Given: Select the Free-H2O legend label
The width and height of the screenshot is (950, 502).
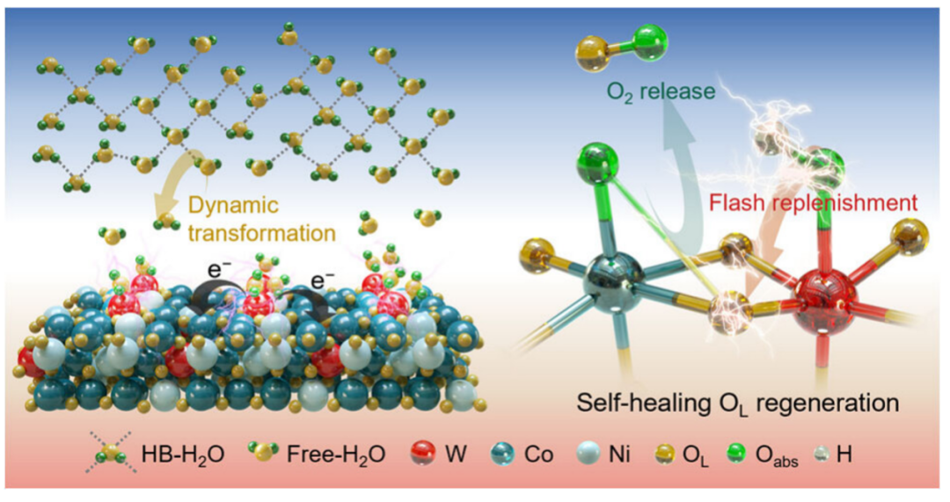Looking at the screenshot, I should (332, 455).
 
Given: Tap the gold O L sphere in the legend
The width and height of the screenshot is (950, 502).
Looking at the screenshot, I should (669, 455).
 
